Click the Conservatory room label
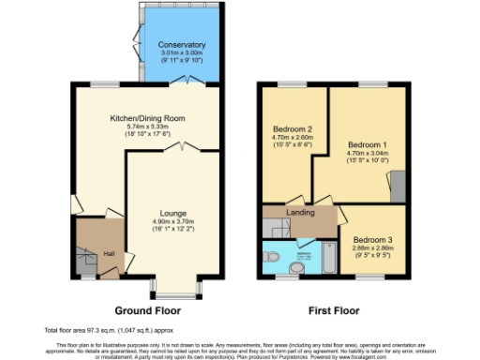pos(182,44)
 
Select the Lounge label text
pos(172,213)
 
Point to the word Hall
pos(109,254)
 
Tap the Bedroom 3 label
pos(372,239)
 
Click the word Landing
pos(300,214)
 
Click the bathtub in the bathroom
pos(333,256)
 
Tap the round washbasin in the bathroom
pos(272,255)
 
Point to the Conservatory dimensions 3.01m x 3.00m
pos(182,53)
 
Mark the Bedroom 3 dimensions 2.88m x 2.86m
pos(372,248)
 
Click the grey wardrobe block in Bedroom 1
pos(397,189)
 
